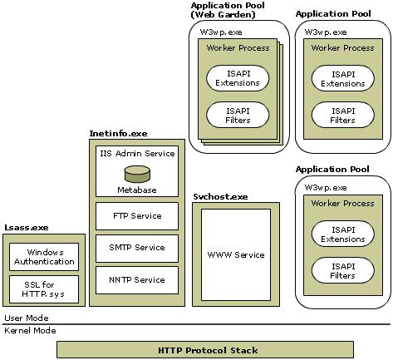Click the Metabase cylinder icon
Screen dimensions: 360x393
click(137, 174)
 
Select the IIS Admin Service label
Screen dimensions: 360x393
click(137, 153)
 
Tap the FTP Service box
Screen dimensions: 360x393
click(137, 216)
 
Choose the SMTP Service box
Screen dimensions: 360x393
click(137, 248)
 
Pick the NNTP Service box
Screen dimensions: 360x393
click(137, 279)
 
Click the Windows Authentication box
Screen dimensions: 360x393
click(44, 257)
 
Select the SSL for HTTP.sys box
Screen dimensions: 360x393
click(44, 288)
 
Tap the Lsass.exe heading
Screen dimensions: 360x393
click(26, 227)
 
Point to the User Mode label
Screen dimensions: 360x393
click(27, 318)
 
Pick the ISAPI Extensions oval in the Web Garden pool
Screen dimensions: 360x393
click(237, 79)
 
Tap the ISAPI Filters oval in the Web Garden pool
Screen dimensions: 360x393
click(237, 115)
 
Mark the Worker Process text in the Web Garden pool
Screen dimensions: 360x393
click(238, 48)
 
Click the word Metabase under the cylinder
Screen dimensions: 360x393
click(137, 190)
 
